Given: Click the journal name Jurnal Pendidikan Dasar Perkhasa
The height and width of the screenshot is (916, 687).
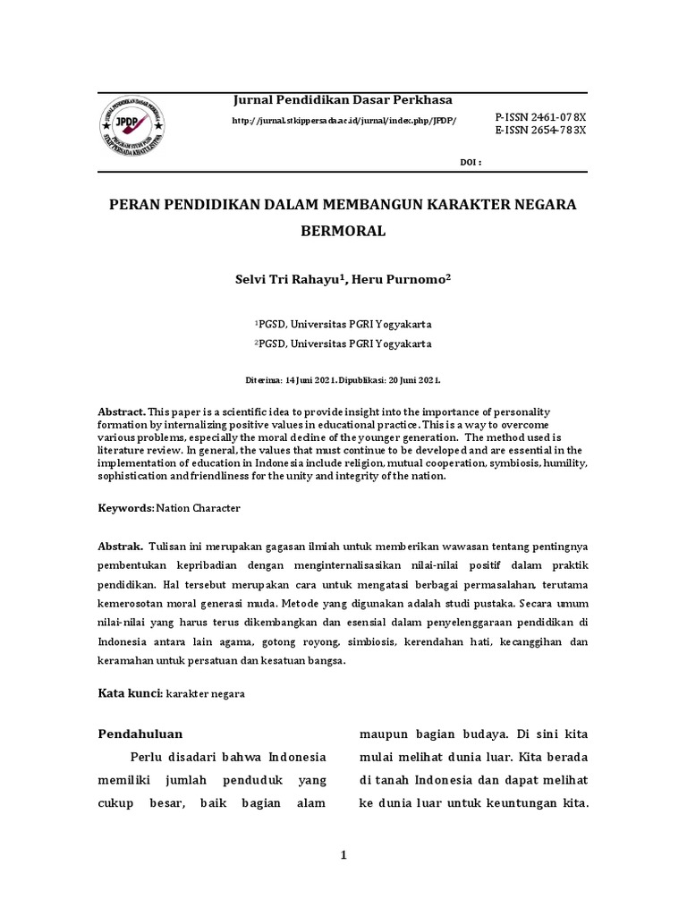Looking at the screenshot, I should tap(343, 99).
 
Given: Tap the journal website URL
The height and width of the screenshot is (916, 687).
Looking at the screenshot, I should tap(344, 121).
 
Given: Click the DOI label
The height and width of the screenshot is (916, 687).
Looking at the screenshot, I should tap(470, 162).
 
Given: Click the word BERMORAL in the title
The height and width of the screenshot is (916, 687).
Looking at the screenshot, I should tap(343, 231).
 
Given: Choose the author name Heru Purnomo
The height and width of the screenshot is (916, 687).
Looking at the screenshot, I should tap(403, 280).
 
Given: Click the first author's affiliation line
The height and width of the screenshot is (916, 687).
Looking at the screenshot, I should tap(343, 324).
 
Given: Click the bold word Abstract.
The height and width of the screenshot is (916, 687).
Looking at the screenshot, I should tap(122, 411).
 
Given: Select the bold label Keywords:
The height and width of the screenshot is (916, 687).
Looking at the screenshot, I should tap(126, 507).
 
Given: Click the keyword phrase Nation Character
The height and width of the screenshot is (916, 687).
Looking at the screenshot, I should tap(199, 507).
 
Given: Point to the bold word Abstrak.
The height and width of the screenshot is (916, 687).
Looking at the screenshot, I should tap(120, 545).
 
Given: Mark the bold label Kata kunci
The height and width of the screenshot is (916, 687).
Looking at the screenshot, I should tap(128, 693).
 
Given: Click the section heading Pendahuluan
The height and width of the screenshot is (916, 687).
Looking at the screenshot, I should tap(140, 734).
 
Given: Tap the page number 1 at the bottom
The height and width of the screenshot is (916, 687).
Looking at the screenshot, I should tap(343, 856).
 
